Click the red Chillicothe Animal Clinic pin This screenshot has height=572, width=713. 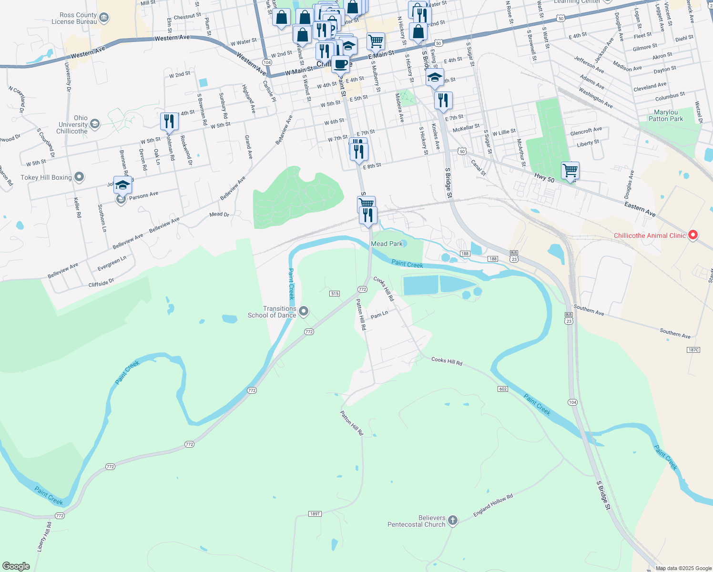693,235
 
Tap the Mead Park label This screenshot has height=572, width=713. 387,244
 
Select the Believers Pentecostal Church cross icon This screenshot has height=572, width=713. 453,521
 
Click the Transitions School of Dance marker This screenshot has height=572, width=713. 304,312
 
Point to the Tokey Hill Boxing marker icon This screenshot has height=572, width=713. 79,177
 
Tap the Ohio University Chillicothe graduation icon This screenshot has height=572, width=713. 95,124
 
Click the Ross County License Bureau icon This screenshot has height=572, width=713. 104,18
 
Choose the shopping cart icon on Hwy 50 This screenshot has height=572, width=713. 570,170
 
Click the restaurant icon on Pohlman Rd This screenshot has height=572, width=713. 169,121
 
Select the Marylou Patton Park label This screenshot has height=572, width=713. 665,116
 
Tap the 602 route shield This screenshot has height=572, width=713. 503,389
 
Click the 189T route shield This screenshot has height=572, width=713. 315,514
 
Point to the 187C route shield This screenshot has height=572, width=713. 693,350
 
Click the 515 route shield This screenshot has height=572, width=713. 335,294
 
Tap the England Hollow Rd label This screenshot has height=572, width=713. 493,505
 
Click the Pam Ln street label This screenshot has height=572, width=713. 379,315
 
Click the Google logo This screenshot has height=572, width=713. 16,566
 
